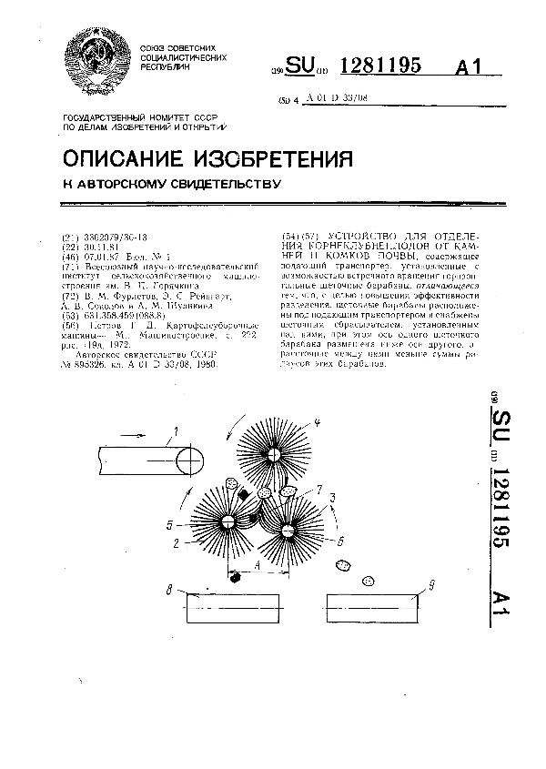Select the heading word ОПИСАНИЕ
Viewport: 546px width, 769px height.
127,158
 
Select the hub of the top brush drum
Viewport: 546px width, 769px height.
272,452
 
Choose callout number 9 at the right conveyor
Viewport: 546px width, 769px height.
430,585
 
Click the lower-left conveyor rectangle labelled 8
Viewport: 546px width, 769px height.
233,608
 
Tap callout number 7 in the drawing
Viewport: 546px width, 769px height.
319,491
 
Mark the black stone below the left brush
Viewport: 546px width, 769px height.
236,577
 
